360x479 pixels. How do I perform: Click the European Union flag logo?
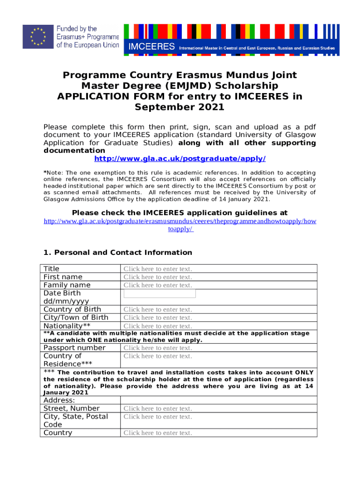tap(37, 36)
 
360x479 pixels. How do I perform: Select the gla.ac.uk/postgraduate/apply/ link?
tap(180, 159)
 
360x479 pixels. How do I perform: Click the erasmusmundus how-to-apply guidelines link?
tap(180, 225)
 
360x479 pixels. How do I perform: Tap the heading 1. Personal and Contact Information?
tap(118, 253)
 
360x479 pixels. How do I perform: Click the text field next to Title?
tap(158, 269)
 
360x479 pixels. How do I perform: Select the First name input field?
tap(158, 277)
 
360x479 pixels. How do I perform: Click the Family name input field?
tap(158, 285)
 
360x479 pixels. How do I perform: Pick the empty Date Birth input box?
tap(159, 294)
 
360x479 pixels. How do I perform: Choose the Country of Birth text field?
tap(158, 310)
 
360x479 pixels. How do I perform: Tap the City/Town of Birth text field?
tap(158, 318)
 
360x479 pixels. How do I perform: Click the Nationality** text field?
tap(158, 326)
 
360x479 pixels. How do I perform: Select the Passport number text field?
tap(158, 348)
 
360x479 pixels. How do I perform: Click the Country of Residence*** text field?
tap(158, 356)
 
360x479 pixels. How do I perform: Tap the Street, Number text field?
tap(158, 409)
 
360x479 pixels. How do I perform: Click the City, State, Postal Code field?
tap(158, 417)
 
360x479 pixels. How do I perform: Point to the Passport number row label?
tap(74, 348)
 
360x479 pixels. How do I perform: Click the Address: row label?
tap(59, 400)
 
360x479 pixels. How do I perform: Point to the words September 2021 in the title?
tap(180, 107)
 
